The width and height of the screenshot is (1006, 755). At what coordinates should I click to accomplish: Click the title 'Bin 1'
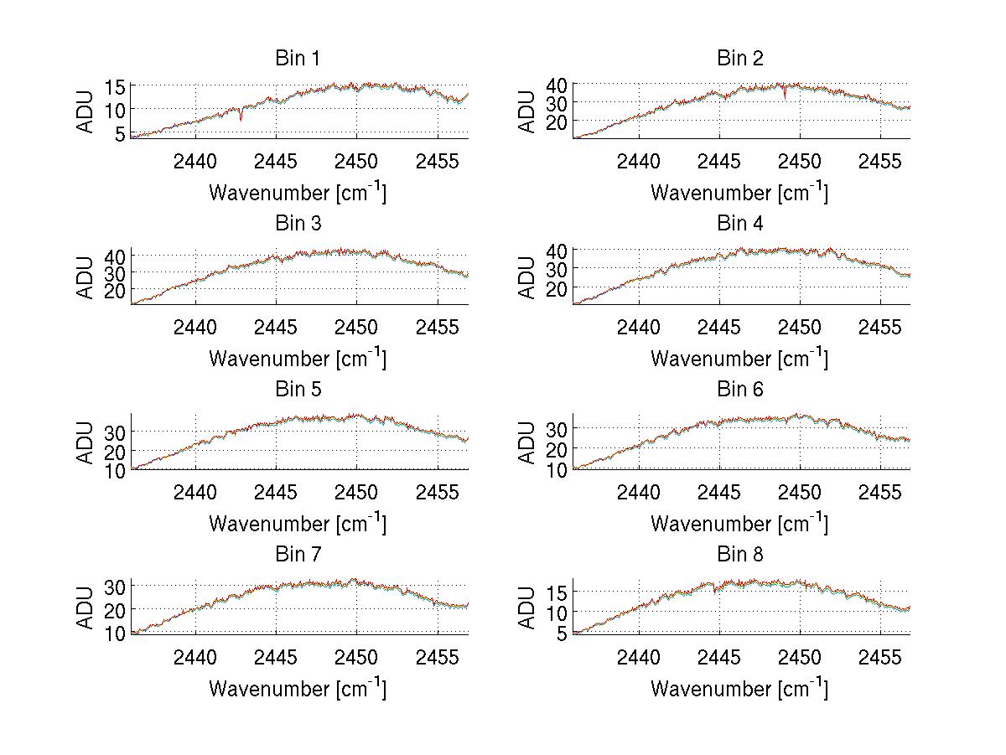click(x=298, y=59)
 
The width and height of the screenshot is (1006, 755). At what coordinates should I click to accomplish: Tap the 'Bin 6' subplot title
click(x=739, y=390)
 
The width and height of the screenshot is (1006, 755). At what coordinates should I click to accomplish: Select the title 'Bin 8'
click(x=739, y=555)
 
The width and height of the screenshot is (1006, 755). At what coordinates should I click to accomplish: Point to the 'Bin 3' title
click(x=298, y=224)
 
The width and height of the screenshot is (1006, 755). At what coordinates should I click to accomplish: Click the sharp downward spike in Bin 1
click(x=241, y=119)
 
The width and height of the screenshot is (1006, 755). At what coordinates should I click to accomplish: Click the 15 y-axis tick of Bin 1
click(x=115, y=86)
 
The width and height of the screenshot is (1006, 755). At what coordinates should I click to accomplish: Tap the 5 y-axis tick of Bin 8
click(x=562, y=633)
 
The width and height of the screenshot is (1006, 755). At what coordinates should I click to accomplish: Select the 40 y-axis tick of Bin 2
click(x=557, y=84)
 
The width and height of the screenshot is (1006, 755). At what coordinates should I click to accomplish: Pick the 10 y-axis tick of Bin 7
click(x=115, y=633)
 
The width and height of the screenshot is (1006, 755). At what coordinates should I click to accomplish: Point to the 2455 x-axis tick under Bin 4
click(x=880, y=326)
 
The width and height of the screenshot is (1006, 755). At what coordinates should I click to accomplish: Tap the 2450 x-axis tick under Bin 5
click(x=357, y=491)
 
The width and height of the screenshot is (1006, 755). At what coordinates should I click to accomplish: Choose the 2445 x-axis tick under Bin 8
click(x=719, y=656)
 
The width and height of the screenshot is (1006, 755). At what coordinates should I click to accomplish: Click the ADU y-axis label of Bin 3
click(x=87, y=277)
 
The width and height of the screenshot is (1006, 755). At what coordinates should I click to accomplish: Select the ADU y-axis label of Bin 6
click(x=528, y=442)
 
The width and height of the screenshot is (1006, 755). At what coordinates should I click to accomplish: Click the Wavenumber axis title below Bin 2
click(x=739, y=193)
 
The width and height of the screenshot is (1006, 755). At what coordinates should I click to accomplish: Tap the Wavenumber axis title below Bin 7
click(x=298, y=689)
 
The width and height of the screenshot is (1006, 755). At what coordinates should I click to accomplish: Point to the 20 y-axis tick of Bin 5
click(x=115, y=451)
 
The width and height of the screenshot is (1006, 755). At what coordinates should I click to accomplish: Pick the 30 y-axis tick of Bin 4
click(x=557, y=269)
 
